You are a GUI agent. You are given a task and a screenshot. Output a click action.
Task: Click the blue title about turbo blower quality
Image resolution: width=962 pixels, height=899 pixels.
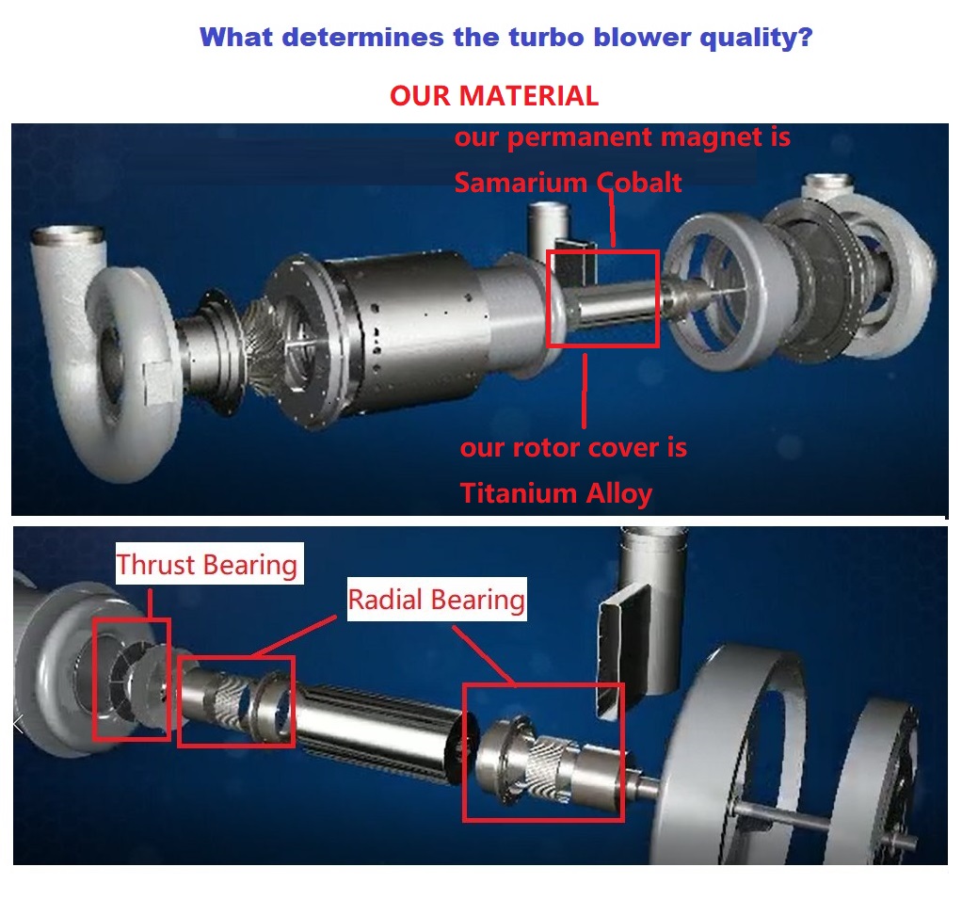pos(506,39)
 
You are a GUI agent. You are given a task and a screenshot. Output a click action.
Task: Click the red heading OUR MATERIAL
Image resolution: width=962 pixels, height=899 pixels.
pos(494,96)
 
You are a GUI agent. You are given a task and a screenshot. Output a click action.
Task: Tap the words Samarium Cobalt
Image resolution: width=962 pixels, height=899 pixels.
pos(568,182)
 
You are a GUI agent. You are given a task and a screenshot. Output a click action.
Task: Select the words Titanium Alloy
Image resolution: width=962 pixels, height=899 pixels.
pos(556,492)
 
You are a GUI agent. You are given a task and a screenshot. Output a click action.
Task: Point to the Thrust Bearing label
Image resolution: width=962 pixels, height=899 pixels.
pos(207,565)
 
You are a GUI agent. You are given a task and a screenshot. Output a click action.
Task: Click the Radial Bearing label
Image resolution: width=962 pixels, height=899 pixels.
pos(437,600)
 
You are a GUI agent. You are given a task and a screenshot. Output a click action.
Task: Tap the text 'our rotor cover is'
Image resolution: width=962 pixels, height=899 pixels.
pos(573,448)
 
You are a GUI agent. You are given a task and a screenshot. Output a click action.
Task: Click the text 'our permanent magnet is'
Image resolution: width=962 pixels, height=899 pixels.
pos(622,137)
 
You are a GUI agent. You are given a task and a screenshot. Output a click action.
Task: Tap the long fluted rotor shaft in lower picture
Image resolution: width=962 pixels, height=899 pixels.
pos(377,726)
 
